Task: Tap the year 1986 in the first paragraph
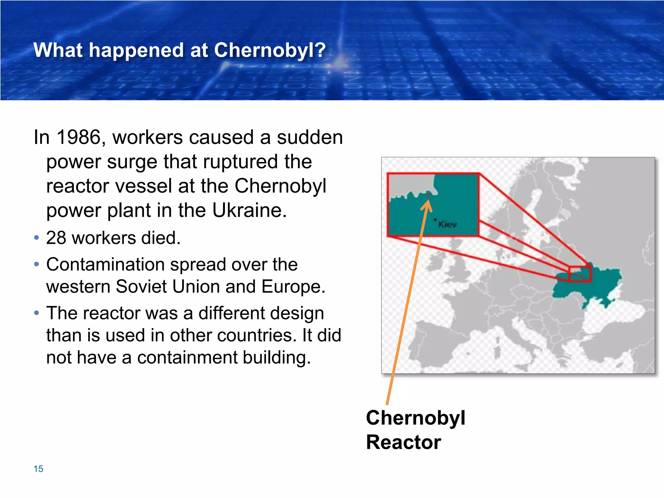coord(78,137)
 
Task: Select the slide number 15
coord(38,469)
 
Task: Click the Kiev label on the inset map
coord(447,224)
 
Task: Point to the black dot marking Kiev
coord(435,219)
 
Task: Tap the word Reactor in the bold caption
coord(403,442)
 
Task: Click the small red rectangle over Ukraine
coord(580,274)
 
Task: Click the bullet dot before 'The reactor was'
coord(37,313)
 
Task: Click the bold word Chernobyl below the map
coord(416,418)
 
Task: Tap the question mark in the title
coord(320,50)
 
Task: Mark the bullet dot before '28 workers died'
coord(37,238)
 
